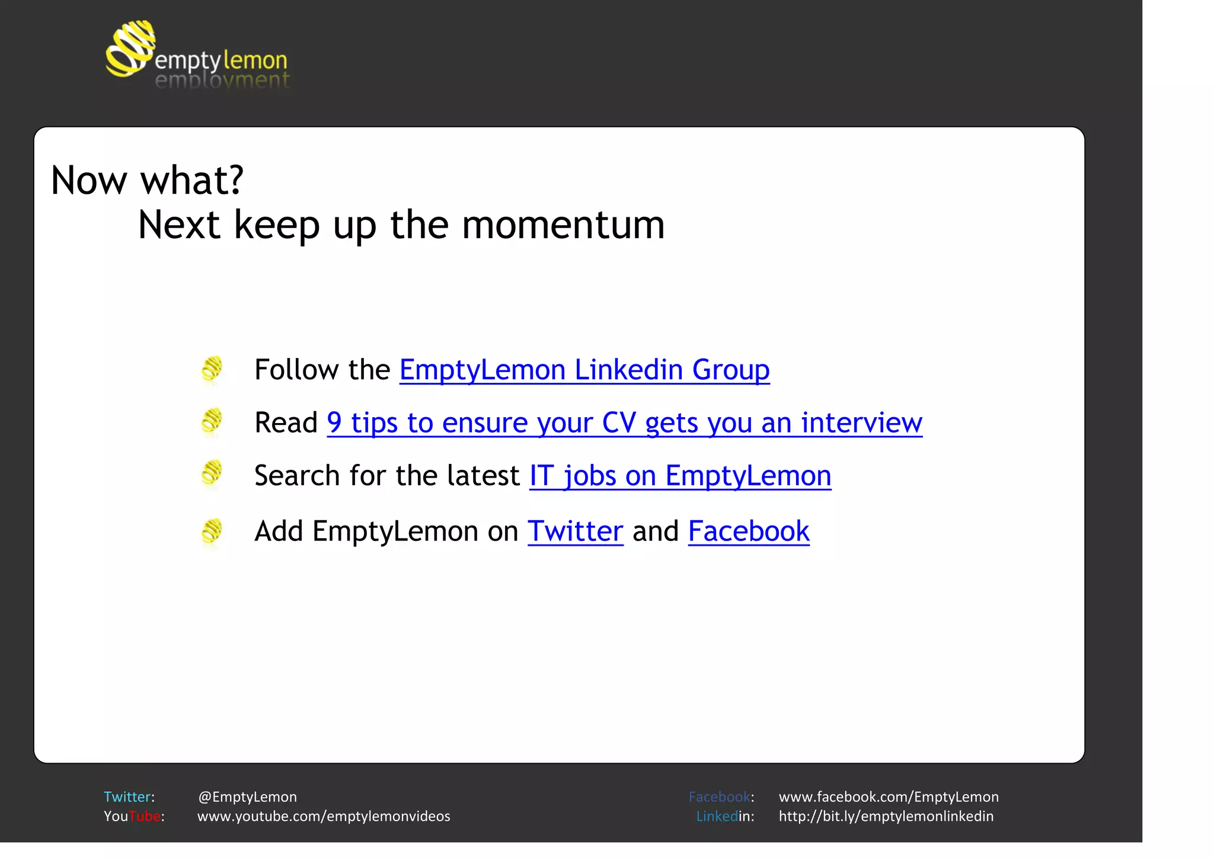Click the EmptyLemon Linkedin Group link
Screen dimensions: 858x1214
click(584, 370)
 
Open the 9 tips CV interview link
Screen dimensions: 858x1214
click(624, 422)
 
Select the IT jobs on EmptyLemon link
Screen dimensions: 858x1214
click(680, 475)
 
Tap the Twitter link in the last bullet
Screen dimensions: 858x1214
click(575, 531)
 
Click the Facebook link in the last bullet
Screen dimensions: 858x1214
click(748, 531)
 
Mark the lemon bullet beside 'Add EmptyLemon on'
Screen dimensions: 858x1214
click(212, 531)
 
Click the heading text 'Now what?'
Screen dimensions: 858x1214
click(147, 180)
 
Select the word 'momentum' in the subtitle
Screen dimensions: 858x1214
click(563, 225)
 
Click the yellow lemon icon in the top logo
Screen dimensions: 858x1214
click(130, 49)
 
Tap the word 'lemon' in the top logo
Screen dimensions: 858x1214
click(255, 60)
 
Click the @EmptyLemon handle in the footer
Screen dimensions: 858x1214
click(247, 797)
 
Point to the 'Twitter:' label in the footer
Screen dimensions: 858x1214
click(129, 797)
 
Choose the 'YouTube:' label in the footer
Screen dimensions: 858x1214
click(133, 817)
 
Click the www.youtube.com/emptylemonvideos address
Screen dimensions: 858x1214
click(324, 817)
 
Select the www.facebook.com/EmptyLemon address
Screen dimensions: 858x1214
click(888, 797)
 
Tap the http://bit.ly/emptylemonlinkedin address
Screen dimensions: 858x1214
click(886, 817)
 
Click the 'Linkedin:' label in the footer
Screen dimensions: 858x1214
click(724, 817)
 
